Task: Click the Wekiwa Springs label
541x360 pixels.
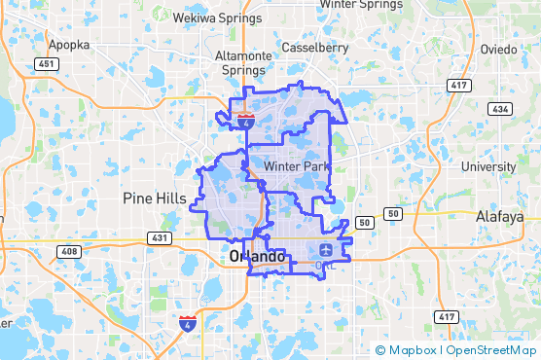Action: coord(212,18)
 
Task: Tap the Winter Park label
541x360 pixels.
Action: coord(290,166)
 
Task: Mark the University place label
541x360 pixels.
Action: coord(487,166)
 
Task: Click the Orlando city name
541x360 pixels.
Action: coord(258,257)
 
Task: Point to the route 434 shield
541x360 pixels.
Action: coord(499,108)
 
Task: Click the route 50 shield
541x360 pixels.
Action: coord(367,222)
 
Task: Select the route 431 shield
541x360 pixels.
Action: coord(159,237)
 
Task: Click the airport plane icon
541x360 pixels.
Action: coord(325,253)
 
